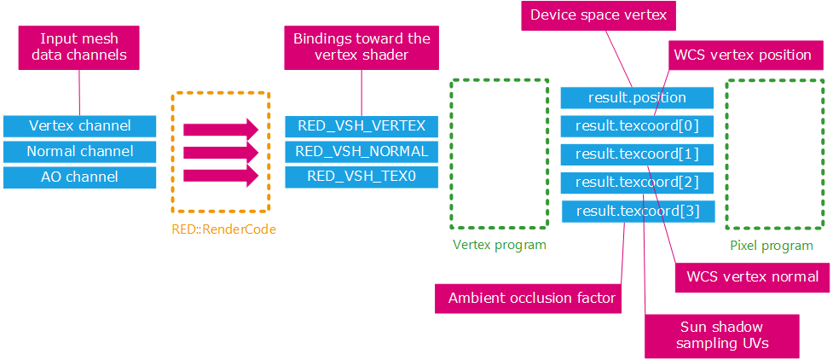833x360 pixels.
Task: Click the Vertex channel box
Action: (x=79, y=125)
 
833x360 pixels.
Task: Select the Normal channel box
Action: (x=79, y=151)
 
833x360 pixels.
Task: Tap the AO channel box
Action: (x=79, y=177)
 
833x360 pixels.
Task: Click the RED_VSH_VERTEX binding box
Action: (x=362, y=125)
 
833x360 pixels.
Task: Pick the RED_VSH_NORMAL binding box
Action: (x=362, y=151)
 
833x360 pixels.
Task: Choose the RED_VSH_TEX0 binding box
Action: (x=362, y=177)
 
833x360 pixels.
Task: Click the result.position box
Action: (x=636, y=97)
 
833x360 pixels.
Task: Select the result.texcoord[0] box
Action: (x=636, y=126)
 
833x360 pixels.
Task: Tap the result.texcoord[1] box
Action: (x=636, y=154)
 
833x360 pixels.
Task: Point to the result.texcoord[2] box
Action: (x=636, y=182)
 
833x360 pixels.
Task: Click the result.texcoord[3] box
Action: (x=636, y=210)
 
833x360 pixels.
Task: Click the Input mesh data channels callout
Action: (x=78, y=47)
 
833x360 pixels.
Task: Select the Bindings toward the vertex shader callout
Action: (x=362, y=47)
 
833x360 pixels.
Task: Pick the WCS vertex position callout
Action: (x=743, y=55)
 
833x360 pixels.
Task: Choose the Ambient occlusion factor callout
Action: (x=533, y=299)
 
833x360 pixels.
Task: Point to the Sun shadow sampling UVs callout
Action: (x=722, y=335)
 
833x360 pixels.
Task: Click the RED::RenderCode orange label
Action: (x=224, y=229)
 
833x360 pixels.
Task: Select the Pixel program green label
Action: (x=772, y=246)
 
